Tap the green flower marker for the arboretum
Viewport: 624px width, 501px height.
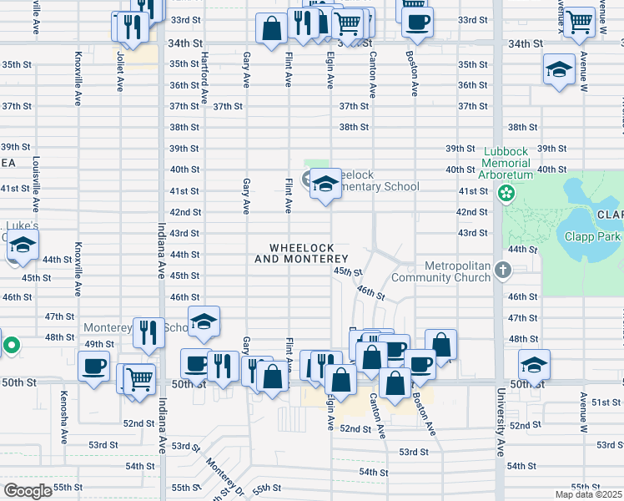[x=506, y=194]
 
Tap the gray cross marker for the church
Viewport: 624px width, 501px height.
[x=501, y=270]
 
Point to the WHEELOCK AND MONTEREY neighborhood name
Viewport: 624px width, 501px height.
[x=301, y=254]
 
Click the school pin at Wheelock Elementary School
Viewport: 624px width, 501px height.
[x=325, y=185]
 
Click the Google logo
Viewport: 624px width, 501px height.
[x=28, y=490]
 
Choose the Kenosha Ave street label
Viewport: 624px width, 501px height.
[x=63, y=417]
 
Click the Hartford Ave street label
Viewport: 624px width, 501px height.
[x=204, y=79]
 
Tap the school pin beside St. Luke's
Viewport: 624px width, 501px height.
[x=23, y=245]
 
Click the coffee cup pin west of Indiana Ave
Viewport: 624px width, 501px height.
[x=93, y=365]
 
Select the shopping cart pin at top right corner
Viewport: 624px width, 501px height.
[x=578, y=21]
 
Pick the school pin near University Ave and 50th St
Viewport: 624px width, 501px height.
[x=534, y=363]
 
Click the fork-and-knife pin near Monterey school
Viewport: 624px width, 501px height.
[x=148, y=331]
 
